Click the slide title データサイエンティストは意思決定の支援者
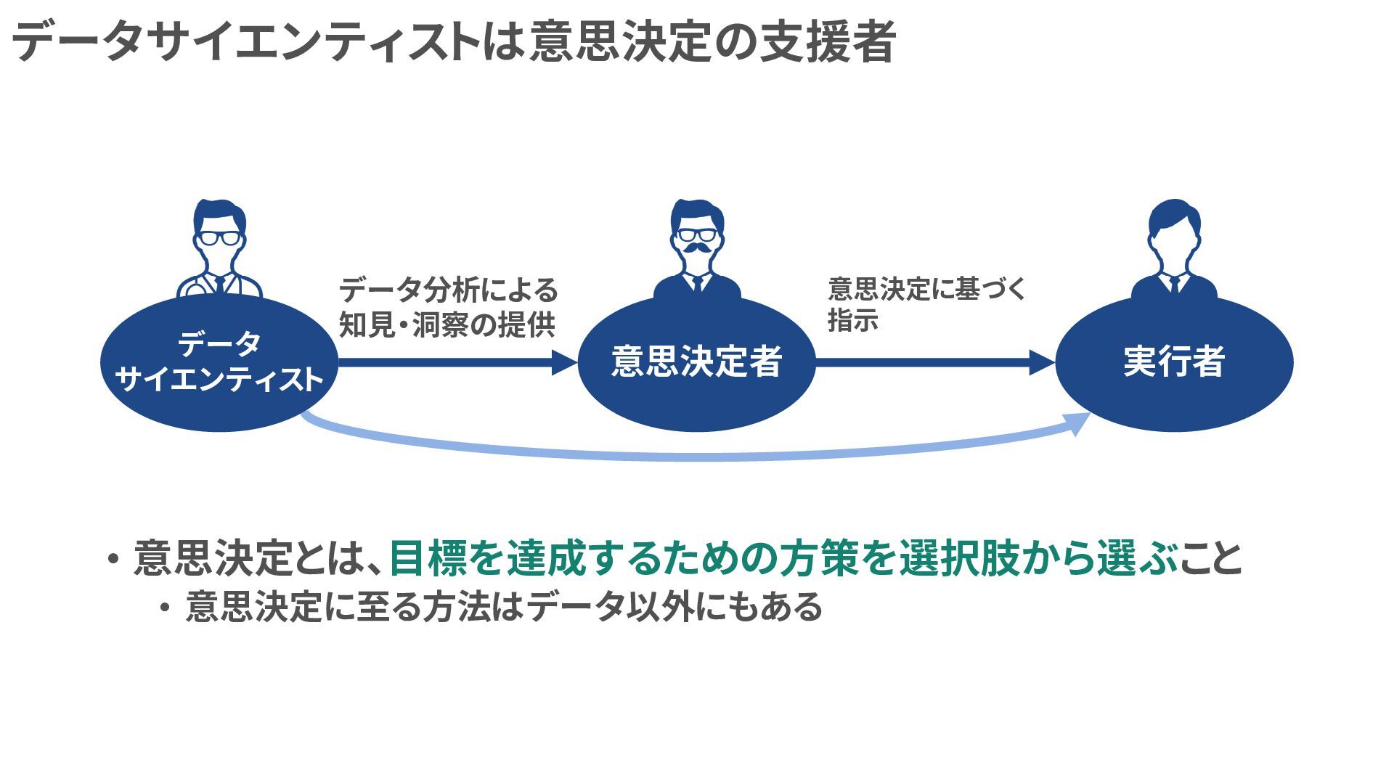454,41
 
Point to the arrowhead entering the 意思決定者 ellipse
564,362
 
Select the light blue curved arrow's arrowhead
1080,422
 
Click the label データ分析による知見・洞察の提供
448,307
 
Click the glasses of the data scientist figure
219,237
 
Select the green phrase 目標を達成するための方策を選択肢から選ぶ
783,558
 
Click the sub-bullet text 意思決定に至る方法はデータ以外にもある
503,607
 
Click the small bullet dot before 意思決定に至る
166,608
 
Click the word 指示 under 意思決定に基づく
853,320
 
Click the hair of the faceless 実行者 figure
1174,216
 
